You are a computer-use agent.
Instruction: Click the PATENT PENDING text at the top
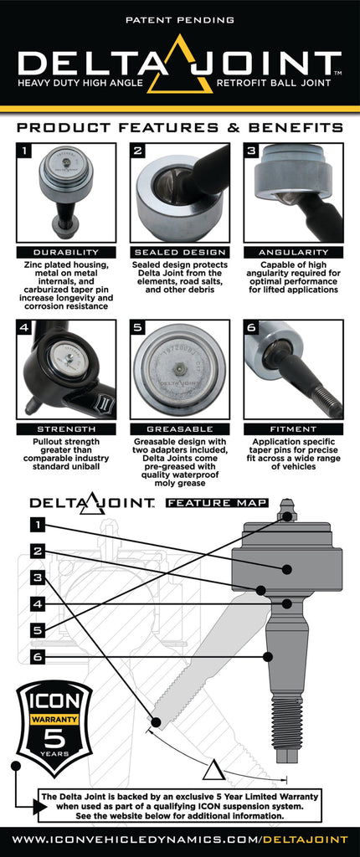tap(180, 18)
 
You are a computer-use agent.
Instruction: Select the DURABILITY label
tap(65, 252)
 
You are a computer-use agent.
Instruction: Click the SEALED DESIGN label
tap(180, 252)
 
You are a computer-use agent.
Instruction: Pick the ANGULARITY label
tap(293, 252)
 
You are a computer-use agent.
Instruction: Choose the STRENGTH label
tap(65, 428)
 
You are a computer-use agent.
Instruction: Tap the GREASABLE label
tap(180, 428)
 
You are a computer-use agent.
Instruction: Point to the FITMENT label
tap(293, 428)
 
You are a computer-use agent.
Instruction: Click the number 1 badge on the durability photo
tap(25, 151)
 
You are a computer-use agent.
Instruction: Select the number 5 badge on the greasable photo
tap(139, 328)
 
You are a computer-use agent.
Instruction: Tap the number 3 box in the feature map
tap(37, 577)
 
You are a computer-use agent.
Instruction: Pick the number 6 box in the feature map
tap(37, 657)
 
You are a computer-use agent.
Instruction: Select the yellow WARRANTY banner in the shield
tap(54, 718)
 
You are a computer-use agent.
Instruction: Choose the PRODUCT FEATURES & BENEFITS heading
tap(180, 128)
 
